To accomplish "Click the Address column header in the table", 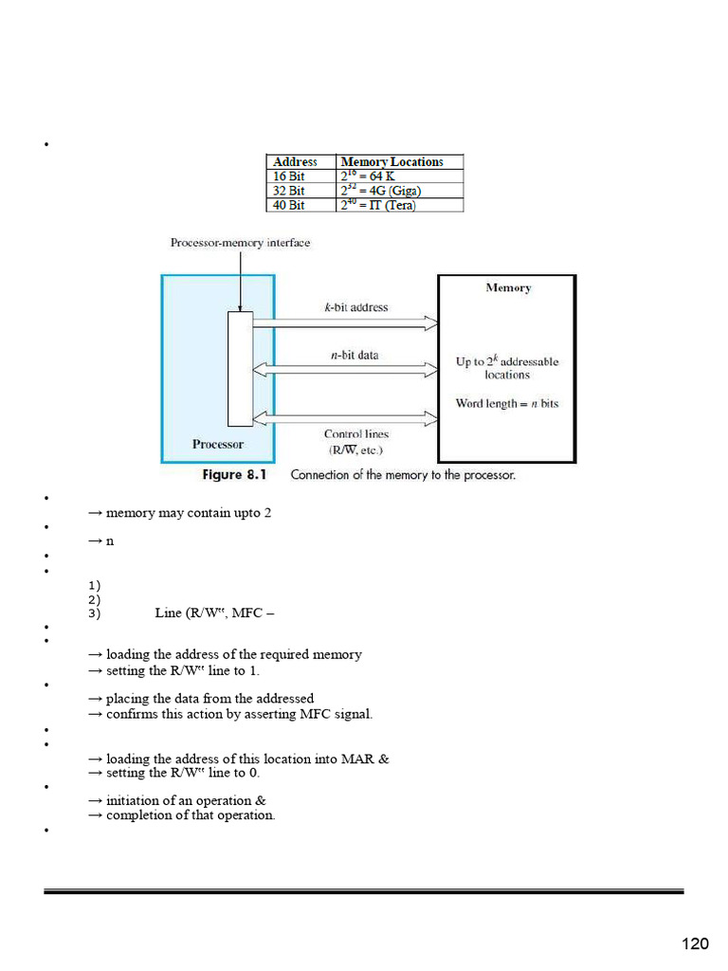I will pos(295,162).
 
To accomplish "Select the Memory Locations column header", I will pos(391,162).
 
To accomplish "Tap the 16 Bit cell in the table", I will pos(289,176).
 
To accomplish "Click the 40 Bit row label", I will pos(289,205).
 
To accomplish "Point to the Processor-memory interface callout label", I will pos(240,243).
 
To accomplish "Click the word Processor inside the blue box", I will pos(217,444).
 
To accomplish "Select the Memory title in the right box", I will pos(508,288).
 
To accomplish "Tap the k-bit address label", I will pos(355,307).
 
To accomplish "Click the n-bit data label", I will pos(355,355).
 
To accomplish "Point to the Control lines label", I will pos(355,434).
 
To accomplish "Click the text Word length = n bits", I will pos(507,404).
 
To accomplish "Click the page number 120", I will pos(695,944).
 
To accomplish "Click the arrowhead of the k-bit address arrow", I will pos(431,324).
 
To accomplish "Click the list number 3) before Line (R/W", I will pos(93,614).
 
